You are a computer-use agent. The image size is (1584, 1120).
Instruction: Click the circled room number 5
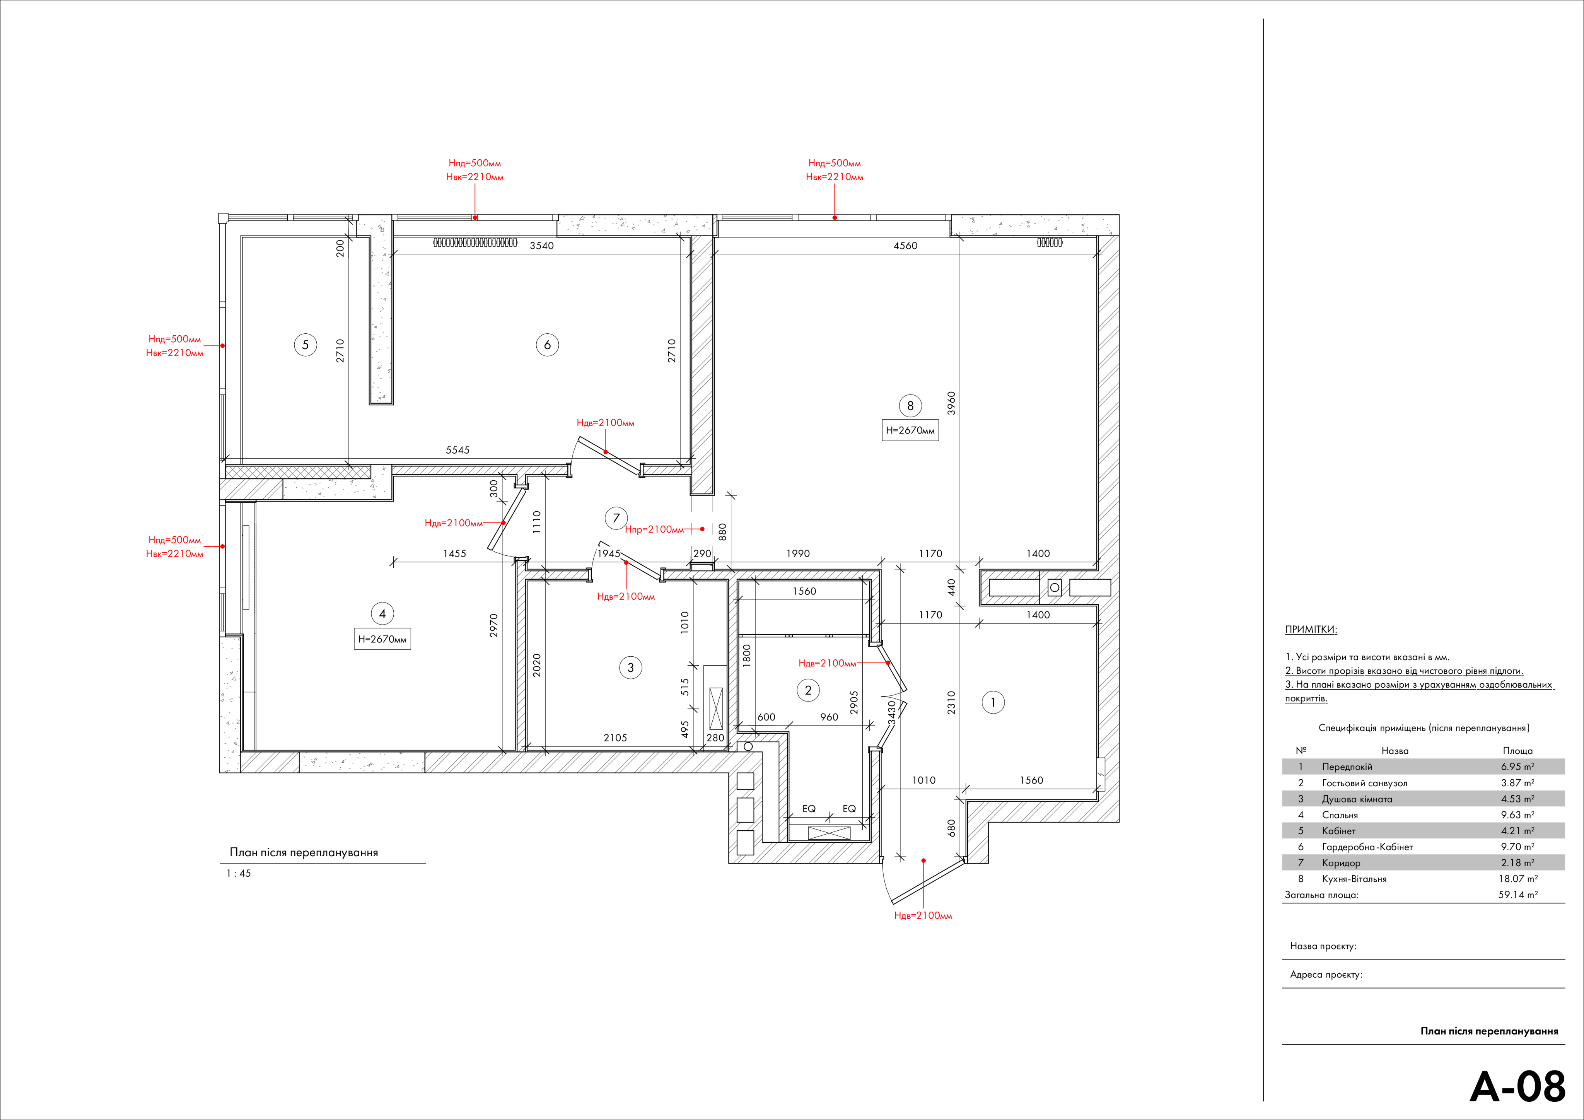(x=306, y=345)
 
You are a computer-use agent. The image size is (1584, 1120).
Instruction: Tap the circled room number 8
(x=910, y=406)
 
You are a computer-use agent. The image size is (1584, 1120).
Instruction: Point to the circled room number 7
(x=616, y=518)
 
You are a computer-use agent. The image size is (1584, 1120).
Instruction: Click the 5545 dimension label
(x=457, y=450)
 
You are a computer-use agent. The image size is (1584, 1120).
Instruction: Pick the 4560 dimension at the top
(x=905, y=246)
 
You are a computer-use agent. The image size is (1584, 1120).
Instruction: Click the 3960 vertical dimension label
(x=951, y=403)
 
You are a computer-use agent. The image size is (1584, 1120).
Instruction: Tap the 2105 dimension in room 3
(x=615, y=738)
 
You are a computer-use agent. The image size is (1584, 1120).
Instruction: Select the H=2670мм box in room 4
(x=382, y=639)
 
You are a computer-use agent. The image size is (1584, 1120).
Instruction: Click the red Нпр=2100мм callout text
(x=654, y=529)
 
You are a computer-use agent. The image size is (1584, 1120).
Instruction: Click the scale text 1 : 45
(x=239, y=874)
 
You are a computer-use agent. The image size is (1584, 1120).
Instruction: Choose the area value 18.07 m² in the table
(x=1518, y=878)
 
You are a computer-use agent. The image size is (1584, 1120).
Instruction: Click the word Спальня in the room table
(x=1340, y=815)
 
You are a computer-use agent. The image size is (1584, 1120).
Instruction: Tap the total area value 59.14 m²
(x=1518, y=895)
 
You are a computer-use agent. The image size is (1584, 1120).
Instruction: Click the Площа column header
(x=1518, y=751)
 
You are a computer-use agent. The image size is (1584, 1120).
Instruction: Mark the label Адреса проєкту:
(x=1326, y=975)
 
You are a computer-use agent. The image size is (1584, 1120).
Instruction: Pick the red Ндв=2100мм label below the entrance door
(x=923, y=916)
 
